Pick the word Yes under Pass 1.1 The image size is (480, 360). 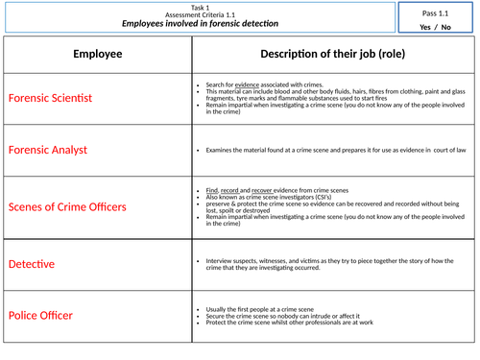click(426, 27)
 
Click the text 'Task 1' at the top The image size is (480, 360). click(199, 6)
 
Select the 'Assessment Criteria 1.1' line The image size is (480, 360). click(199, 13)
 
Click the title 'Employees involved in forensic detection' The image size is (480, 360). click(199, 23)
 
